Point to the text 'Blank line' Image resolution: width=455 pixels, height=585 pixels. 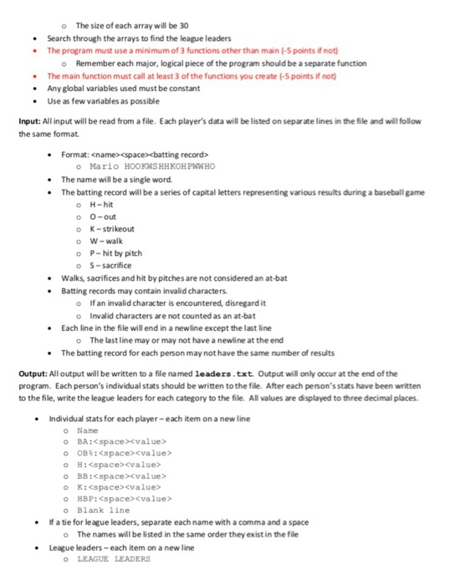[108, 511]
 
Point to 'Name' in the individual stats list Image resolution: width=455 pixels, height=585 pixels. [98, 430]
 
